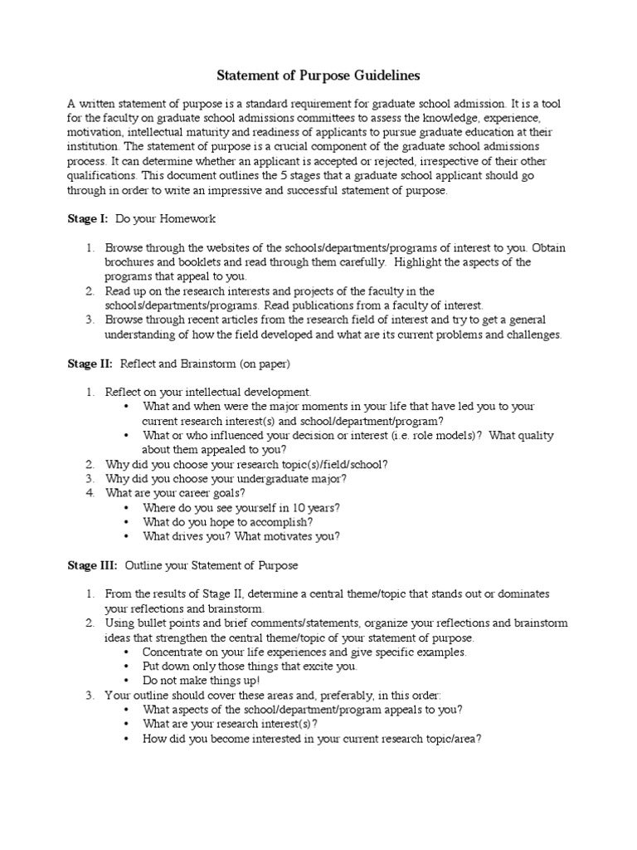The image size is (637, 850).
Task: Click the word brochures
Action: point(129,262)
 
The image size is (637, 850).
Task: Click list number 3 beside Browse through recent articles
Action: point(90,320)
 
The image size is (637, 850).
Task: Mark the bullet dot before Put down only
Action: point(126,666)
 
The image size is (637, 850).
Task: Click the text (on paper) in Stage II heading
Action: point(263,364)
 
